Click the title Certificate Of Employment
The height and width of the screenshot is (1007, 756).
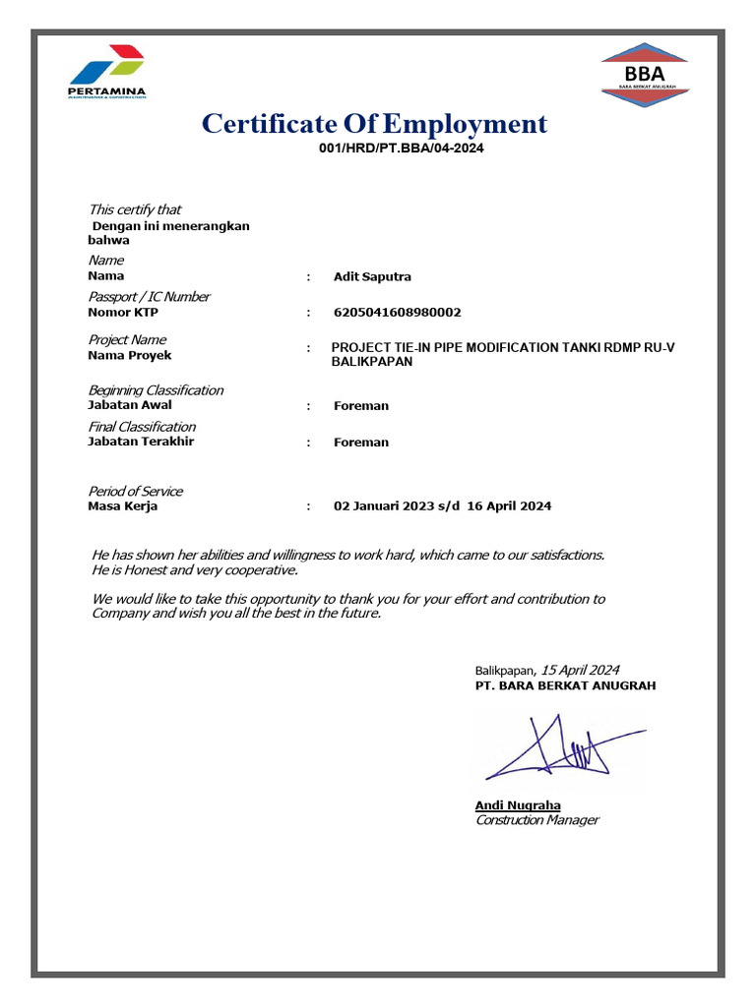[x=374, y=124]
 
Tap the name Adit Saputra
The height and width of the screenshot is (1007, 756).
[x=372, y=276]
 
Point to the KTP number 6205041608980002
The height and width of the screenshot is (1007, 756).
[x=397, y=313]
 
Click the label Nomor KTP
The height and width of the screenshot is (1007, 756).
[x=123, y=313]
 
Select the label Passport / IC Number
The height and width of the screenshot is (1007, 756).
[x=149, y=297]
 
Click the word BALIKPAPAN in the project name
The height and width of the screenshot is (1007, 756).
[x=371, y=362]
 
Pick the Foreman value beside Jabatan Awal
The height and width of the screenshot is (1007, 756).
[x=360, y=405]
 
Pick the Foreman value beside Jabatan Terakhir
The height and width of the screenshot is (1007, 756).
[x=360, y=443]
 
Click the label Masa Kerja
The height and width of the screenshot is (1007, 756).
[x=122, y=506]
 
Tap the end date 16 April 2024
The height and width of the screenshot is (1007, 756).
[x=509, y=506]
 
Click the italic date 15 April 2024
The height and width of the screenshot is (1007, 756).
[x=581, y=669]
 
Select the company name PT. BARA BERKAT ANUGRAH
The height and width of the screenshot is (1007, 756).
[x=565, y=685]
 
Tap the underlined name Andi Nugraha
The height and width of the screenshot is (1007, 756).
[x=518, y=805]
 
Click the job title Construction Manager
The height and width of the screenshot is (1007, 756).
[x=536, y=820]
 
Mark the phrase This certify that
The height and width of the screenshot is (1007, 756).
[x=135, y=209]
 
